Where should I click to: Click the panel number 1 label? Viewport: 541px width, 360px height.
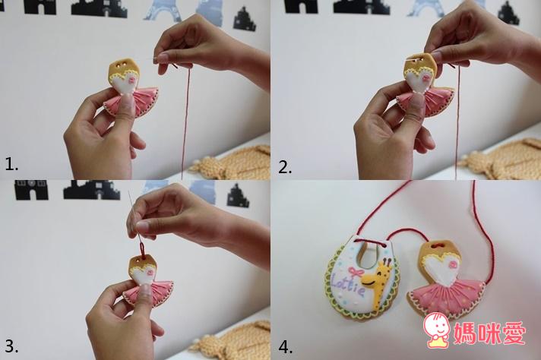click(11, 164)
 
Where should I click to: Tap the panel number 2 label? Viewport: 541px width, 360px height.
click(285, 167)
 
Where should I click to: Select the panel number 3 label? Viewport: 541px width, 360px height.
click(11, 346)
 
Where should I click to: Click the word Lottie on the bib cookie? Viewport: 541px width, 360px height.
click(347, 286)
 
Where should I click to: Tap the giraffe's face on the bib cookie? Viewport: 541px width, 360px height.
click(375, 277)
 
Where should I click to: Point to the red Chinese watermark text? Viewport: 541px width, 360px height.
click(489, 333)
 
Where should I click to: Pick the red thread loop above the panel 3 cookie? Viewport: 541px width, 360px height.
click(141, 248)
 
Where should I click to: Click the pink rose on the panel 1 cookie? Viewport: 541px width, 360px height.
click(131, 79)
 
